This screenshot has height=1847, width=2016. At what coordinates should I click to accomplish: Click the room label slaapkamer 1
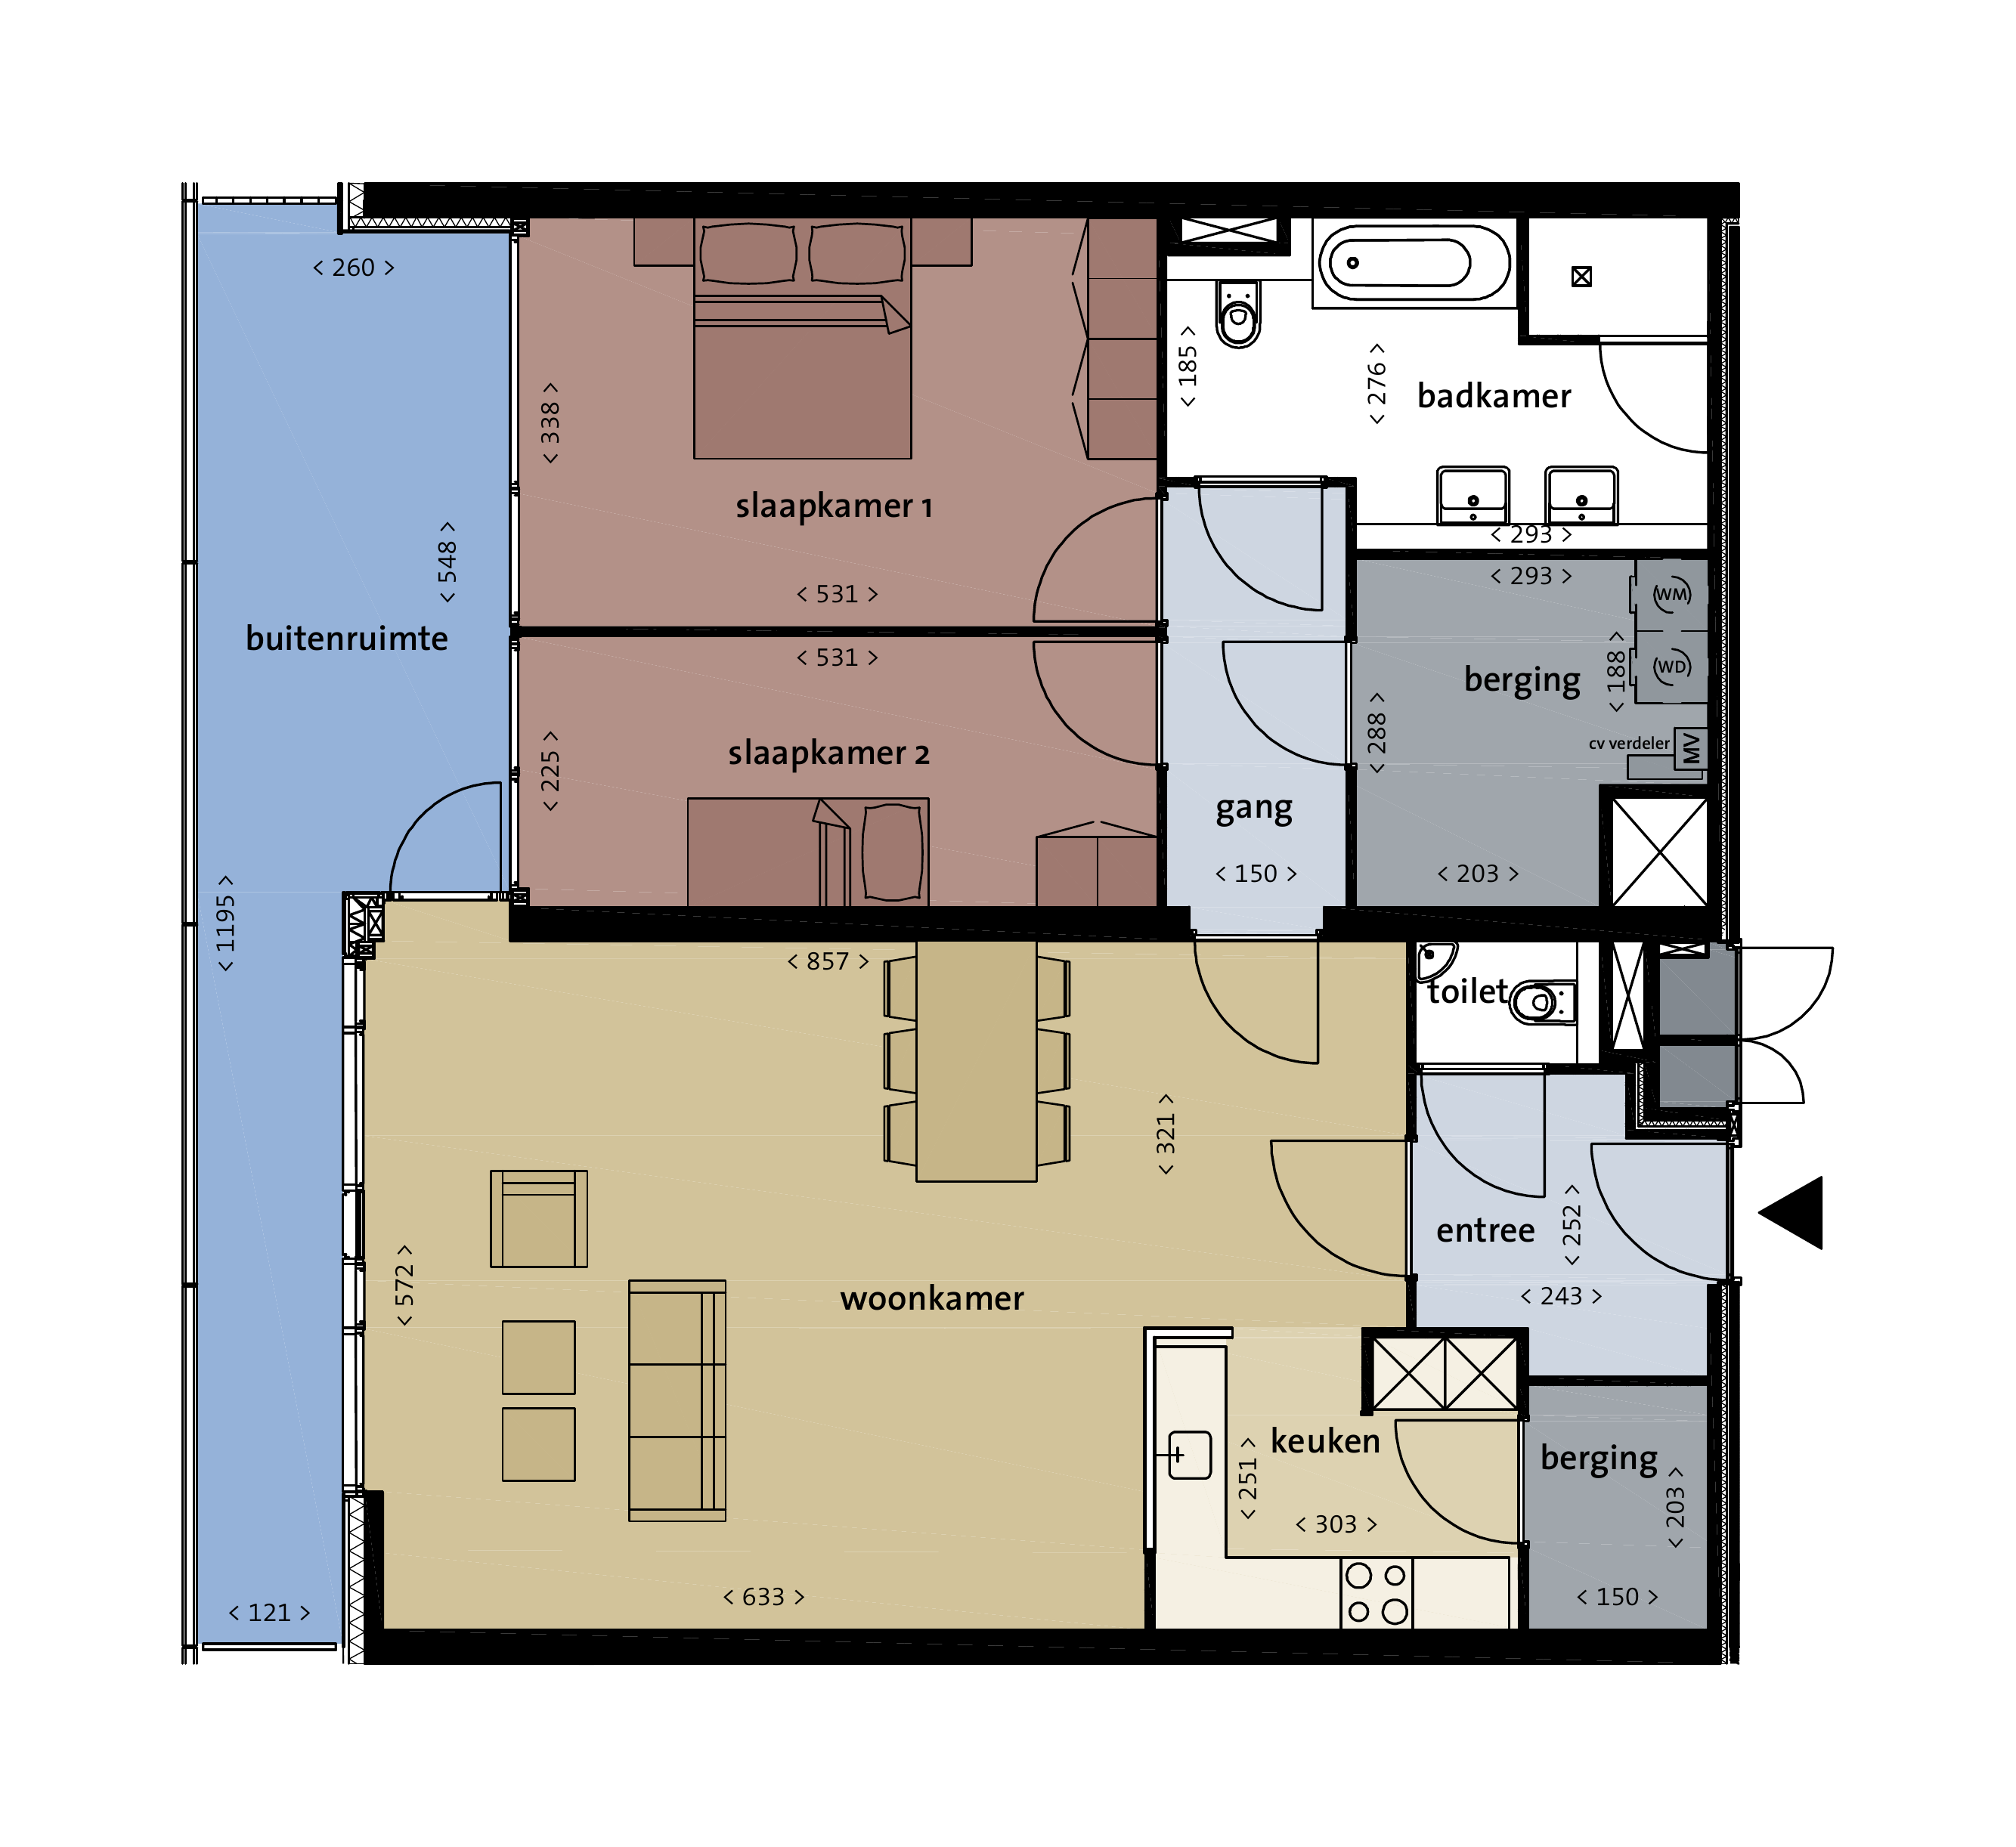pyautogui.click(x=834, y=506)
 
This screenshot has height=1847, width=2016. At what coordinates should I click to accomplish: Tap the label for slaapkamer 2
pyautogui.click(x=829, y=753)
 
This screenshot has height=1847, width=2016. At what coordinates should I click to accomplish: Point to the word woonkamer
pyautogui.click(x=932, y=1299)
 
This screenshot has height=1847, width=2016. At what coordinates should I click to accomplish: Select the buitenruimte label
pyautogui.click(x=347, y=638)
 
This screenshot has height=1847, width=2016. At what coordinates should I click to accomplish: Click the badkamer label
pyautogui.click(x=1494, y=396)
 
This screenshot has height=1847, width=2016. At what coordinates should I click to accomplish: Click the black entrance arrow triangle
pyautogui.click(x=1792, y=1212)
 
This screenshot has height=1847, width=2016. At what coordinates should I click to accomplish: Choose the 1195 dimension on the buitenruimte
pyautogui.click(x=226, y=924)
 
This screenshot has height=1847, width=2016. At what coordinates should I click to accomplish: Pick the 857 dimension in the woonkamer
pyautogui.click(x=828, y=962)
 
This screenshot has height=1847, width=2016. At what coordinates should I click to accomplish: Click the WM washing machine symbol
pyautogui.click(x=1671, y=594)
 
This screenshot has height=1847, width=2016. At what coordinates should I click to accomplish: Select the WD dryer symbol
pyautogui.click(x=1671, y=666)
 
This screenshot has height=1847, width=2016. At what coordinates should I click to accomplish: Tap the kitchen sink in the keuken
pyautogui.click(x=1188, y=1455)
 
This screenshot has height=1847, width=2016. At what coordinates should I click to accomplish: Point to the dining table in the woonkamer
pyautogui.click(x=976, y=1061)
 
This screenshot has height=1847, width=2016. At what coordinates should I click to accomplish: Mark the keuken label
pyautogui.click(x=1325, y=1441)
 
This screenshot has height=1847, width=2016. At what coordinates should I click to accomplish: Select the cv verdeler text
pyautogui.click(x=1629, y=743)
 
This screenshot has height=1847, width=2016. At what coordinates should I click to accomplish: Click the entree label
pyautogui.click(x=1485, y=1231)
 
